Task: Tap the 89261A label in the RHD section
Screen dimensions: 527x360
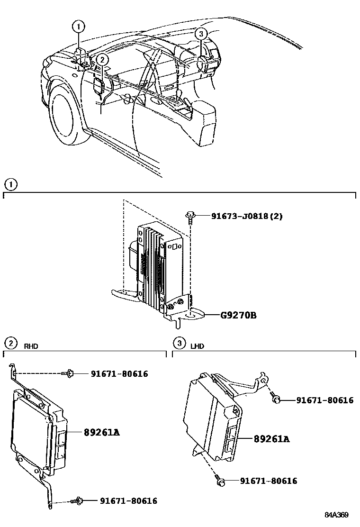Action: pos(101,432)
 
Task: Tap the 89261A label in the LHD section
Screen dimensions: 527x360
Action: pos(271,439)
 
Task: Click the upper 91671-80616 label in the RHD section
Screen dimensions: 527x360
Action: pos(119,374)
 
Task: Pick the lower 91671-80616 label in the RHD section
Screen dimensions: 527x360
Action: pos(128,500)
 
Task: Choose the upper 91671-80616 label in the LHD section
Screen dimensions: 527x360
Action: pos(325,400)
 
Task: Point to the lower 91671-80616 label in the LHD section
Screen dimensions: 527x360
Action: pos(269,481)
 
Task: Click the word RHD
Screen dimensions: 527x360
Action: pos(31,346)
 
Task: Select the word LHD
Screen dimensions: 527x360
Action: pos(197,346)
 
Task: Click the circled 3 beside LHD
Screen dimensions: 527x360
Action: pos(179,343)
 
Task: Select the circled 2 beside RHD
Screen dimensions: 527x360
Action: pos(10,343)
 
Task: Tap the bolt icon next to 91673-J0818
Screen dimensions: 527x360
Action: pos(189,217)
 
